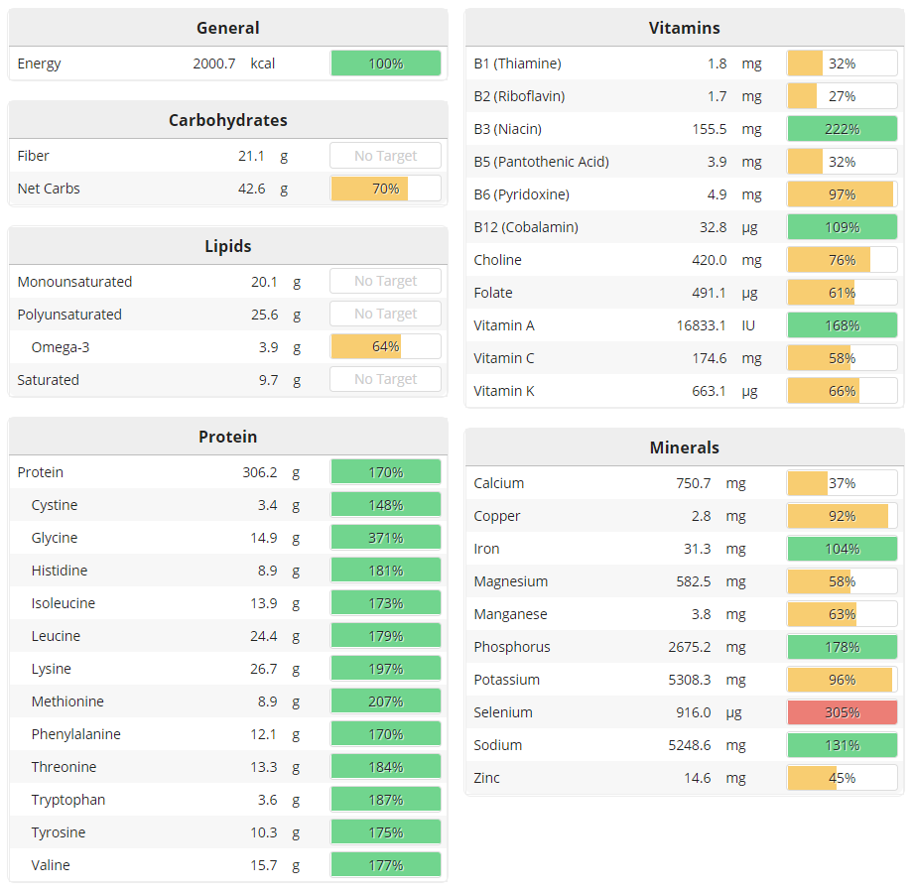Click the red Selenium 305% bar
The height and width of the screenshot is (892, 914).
coord(842,712)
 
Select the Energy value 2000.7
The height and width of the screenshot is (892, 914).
coord(214,64)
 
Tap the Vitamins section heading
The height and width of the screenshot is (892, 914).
coord(684,28)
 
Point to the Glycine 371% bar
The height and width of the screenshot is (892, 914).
coord(385,538)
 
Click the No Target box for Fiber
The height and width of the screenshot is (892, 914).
coord(385,156)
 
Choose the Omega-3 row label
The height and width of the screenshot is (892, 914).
coord(61,347)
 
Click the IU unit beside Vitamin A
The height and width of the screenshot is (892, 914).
coord(750,325)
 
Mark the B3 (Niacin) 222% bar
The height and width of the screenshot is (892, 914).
coord(842,129)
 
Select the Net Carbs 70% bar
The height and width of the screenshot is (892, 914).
coord(385,189)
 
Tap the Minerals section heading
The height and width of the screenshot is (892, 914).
coord(684,447)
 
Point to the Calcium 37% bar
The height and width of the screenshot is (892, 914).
coord(842,483)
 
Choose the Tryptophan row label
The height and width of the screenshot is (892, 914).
coord(68,800)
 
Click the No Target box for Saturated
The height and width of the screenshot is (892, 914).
coord(385,380)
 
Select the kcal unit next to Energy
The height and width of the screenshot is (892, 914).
coord(263,64)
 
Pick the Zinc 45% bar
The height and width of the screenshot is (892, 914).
coord(842,778)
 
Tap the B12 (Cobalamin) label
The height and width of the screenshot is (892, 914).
coord(526,227)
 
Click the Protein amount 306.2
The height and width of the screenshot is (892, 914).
coord(259,472)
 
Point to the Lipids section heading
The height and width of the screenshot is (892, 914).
coord(227,246)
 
